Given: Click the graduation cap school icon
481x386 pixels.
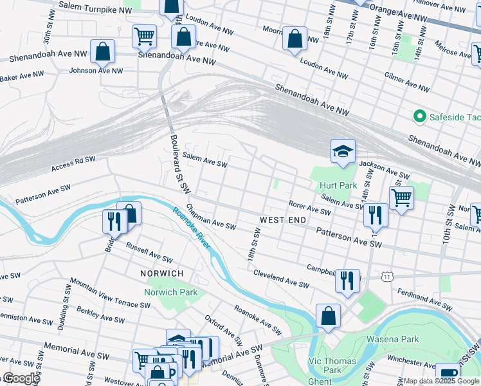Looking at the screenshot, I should click(x=343, y=152).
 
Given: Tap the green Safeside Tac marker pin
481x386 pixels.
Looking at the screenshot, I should click(x=420, y=116).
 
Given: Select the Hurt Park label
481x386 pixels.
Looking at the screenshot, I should click(x=338, y=185).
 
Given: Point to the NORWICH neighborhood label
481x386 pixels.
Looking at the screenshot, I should click(x=162, y=273).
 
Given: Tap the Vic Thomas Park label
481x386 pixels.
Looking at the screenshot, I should click(x=332, y=365).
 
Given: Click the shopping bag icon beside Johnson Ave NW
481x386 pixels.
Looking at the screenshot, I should click(x=102, y=51).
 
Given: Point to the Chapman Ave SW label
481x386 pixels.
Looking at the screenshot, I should click(x=211, y=217).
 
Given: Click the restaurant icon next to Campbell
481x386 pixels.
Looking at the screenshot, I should click(x=347, y=280).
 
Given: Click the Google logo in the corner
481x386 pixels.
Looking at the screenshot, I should click(x=21, y=378).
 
